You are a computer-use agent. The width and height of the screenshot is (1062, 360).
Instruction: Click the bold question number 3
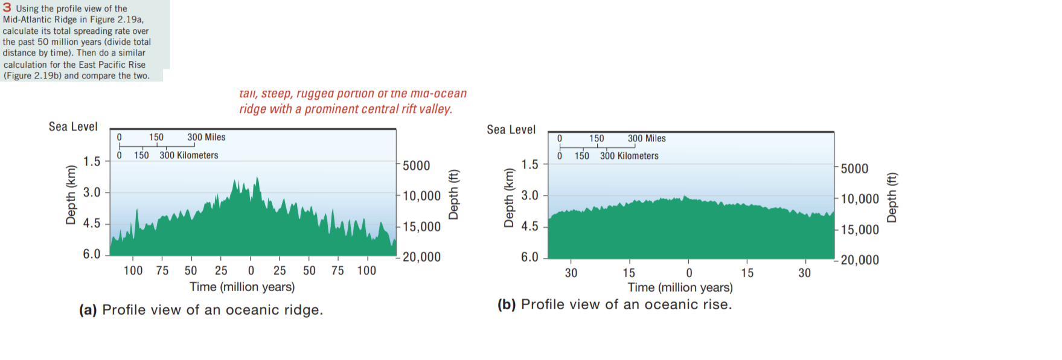(x=7, y=8)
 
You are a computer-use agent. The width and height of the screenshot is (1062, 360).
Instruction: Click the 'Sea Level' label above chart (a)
(x=73, y=127)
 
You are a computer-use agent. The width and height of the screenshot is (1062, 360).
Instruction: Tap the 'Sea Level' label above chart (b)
(x=511, y=130)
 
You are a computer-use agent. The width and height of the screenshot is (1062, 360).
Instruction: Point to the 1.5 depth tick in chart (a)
(x=92, y=162)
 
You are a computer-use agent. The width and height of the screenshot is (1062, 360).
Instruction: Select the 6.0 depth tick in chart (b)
(x=529, y=257)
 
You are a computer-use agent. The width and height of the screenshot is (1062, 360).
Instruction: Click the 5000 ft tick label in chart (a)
(x=417, y=166)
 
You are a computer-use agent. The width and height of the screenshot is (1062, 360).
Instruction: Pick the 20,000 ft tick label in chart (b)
(x=860, y=260)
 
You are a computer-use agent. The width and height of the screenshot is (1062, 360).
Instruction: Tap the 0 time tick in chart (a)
(x=251, y=271)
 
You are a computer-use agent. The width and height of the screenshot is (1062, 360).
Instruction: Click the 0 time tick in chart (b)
(x=689, y=273)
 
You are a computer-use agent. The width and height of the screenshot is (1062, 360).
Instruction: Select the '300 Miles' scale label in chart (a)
(x=206, y=137)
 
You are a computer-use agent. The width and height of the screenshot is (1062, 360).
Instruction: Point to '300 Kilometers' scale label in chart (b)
(x=629, y=156)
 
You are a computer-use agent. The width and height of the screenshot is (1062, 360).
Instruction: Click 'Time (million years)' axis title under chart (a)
(x=242, y=287)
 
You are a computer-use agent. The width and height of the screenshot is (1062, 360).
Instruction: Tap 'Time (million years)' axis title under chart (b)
(x=680, y=288)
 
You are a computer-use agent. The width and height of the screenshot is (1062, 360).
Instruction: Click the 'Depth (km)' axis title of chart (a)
(x=71, y=194)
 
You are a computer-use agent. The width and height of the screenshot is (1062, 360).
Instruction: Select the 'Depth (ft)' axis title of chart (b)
(x=892, y=198)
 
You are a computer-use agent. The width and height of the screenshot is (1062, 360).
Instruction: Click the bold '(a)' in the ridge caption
(x=88, y=310)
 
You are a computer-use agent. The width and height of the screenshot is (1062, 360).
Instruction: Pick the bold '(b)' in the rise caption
(x=507, y=304)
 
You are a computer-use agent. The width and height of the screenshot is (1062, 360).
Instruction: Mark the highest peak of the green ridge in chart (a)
(x=257, y=178)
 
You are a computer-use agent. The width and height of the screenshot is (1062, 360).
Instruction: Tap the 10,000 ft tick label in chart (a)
(x=421, y=196)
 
